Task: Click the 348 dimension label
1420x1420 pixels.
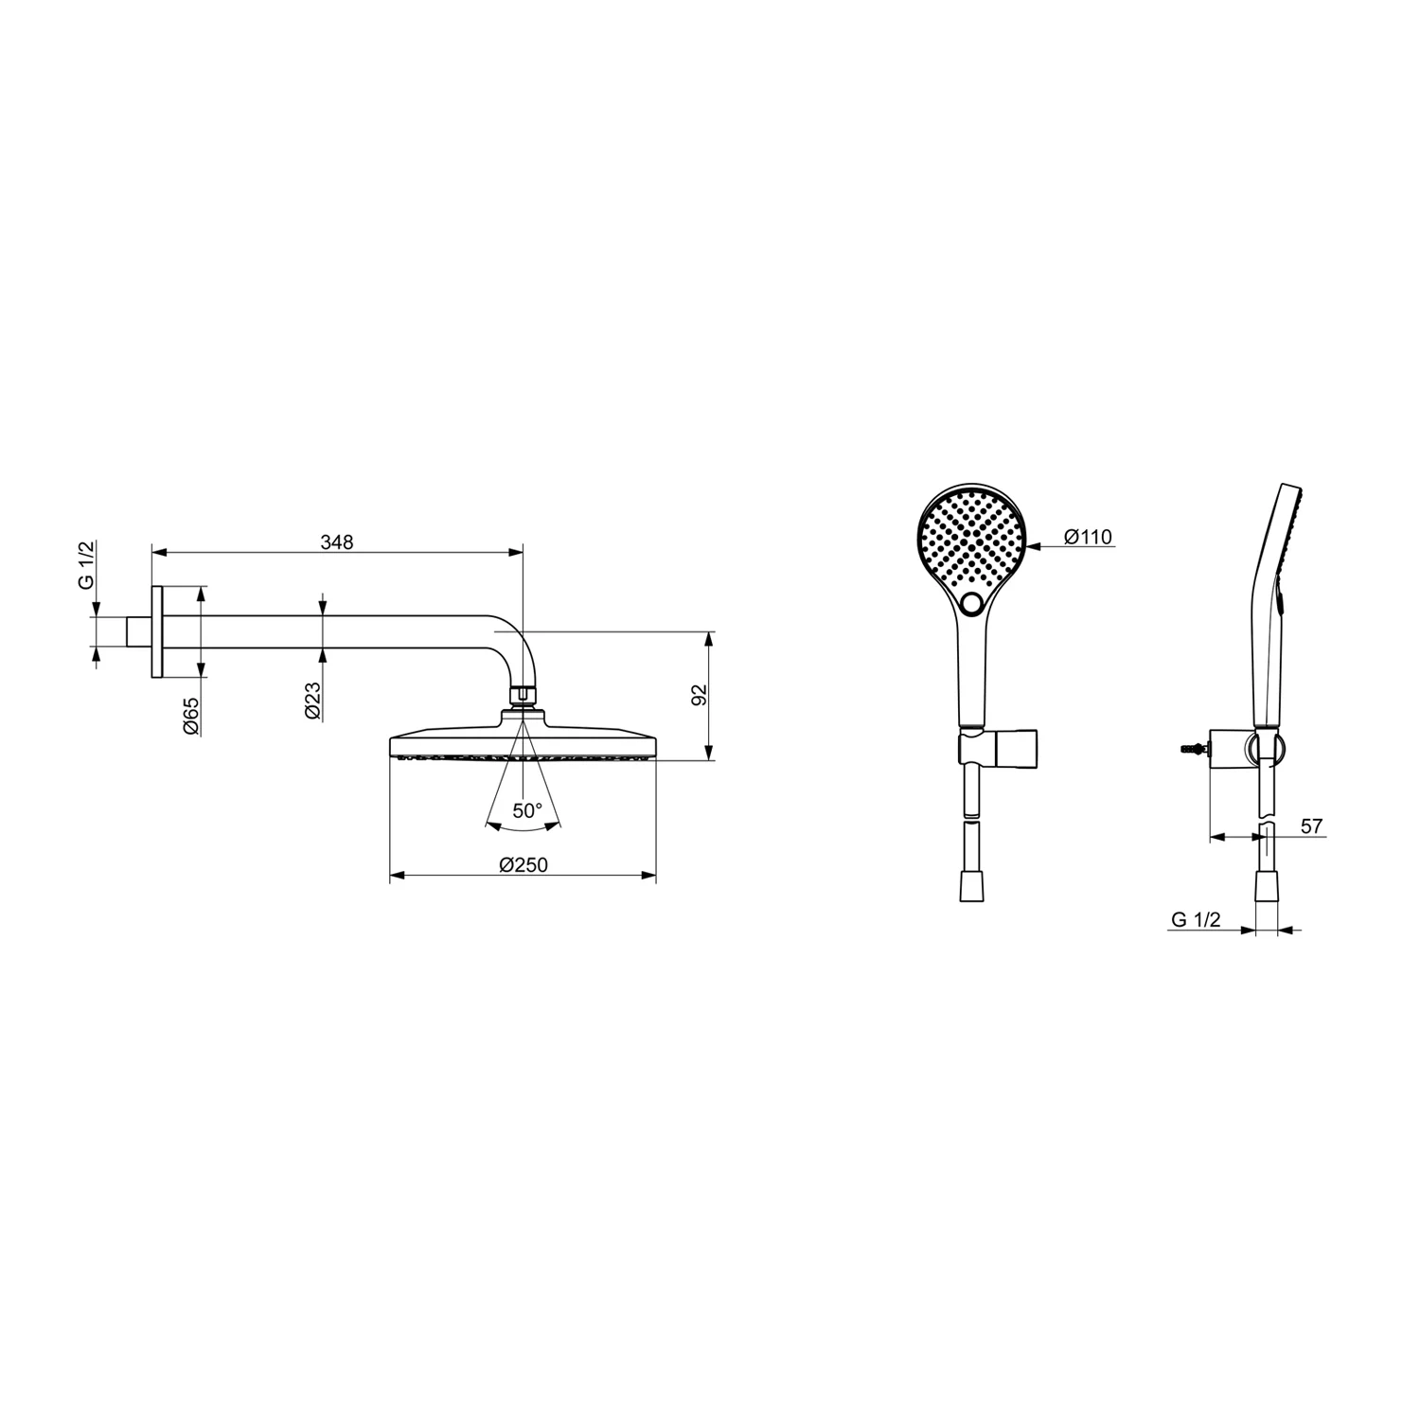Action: (x=337, y=542)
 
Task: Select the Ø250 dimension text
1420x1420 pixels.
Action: (x=524, y=865)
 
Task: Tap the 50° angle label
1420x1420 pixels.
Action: (x=527, y=810)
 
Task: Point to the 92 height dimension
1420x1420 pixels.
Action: (x=700, y=694)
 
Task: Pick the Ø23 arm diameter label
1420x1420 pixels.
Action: (x=313, y=701)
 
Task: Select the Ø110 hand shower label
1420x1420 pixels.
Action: (x=1088, y=537)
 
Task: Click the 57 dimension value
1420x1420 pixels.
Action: (x=1311, y=826)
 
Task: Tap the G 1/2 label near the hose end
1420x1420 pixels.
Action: (x=1196, y=918)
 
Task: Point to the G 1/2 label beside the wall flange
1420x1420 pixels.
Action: (x=86, y=567)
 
